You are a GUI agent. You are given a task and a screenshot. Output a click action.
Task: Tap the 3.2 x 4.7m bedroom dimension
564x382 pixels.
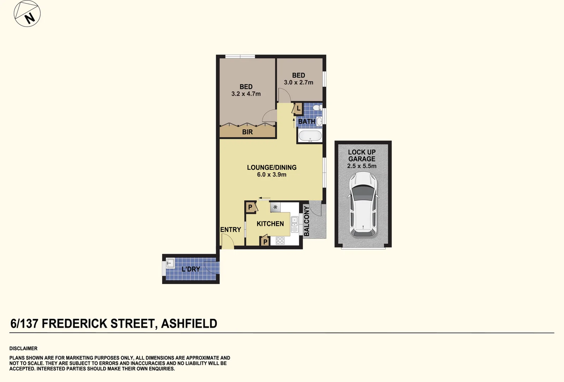point(246,94)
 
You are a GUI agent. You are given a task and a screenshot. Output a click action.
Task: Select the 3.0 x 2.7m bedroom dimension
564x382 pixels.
point(299,82)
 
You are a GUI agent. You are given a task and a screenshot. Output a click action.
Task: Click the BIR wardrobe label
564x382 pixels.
point(247,132)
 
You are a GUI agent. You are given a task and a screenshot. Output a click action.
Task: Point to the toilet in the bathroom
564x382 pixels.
point(317,108)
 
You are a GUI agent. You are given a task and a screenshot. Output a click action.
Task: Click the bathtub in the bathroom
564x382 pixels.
point(310,136)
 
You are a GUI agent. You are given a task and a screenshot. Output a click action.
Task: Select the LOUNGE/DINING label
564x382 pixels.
point(271,167)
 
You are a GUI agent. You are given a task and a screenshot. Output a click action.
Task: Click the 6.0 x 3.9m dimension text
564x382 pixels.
point(271,175)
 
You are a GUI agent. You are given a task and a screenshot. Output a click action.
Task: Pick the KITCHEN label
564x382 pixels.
point(270,224)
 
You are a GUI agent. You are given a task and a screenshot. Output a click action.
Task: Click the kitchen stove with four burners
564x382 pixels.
point(280,241)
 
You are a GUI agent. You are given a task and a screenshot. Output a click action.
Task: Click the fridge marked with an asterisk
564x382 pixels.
point(275,207)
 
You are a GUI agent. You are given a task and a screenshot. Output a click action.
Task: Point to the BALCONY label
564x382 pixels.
point(306,221)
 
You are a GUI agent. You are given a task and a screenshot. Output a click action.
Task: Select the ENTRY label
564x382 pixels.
point(230,230)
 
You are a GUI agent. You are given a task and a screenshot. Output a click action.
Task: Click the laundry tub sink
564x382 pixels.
point(170,263)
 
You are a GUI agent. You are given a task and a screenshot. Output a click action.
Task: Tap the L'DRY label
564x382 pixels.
point(191,269)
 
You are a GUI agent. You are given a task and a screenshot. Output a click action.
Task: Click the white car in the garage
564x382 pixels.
point(363,204)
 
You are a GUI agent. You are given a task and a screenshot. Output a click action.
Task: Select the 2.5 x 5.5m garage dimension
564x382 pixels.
point(362,166)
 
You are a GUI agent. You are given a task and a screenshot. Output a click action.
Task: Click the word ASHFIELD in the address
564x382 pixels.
point(189,324)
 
